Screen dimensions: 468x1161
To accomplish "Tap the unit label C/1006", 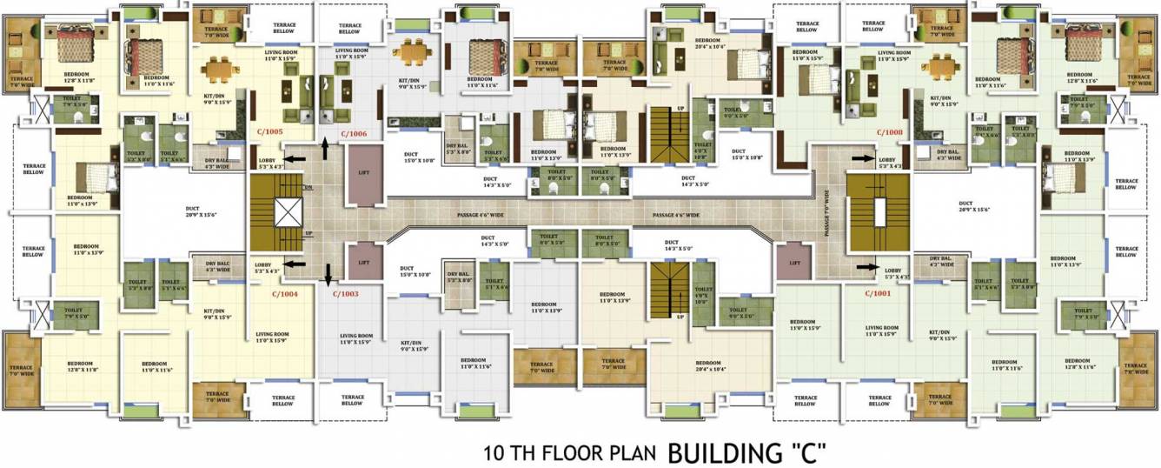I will tap(354, 133).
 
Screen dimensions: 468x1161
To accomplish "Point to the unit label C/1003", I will tap(346, 294).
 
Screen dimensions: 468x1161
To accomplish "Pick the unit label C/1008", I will tap(890, 132).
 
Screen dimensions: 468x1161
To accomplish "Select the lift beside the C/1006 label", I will tap(363, 172).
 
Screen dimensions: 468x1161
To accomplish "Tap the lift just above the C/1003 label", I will tap(363, 262).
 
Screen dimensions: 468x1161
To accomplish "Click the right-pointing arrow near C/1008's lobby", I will tap(867, 158).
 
